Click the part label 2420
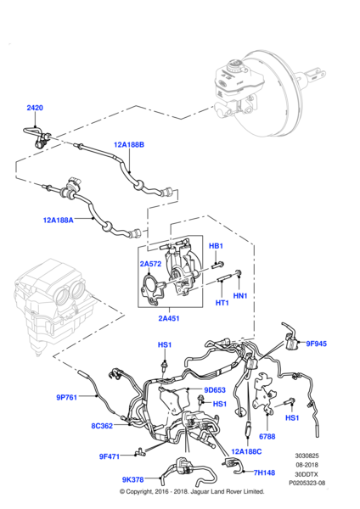click(x=34, y=108)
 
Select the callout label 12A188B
click(x=129, y=145)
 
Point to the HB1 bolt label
click(x=216, y=246)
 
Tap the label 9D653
click(x=215, y=391)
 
